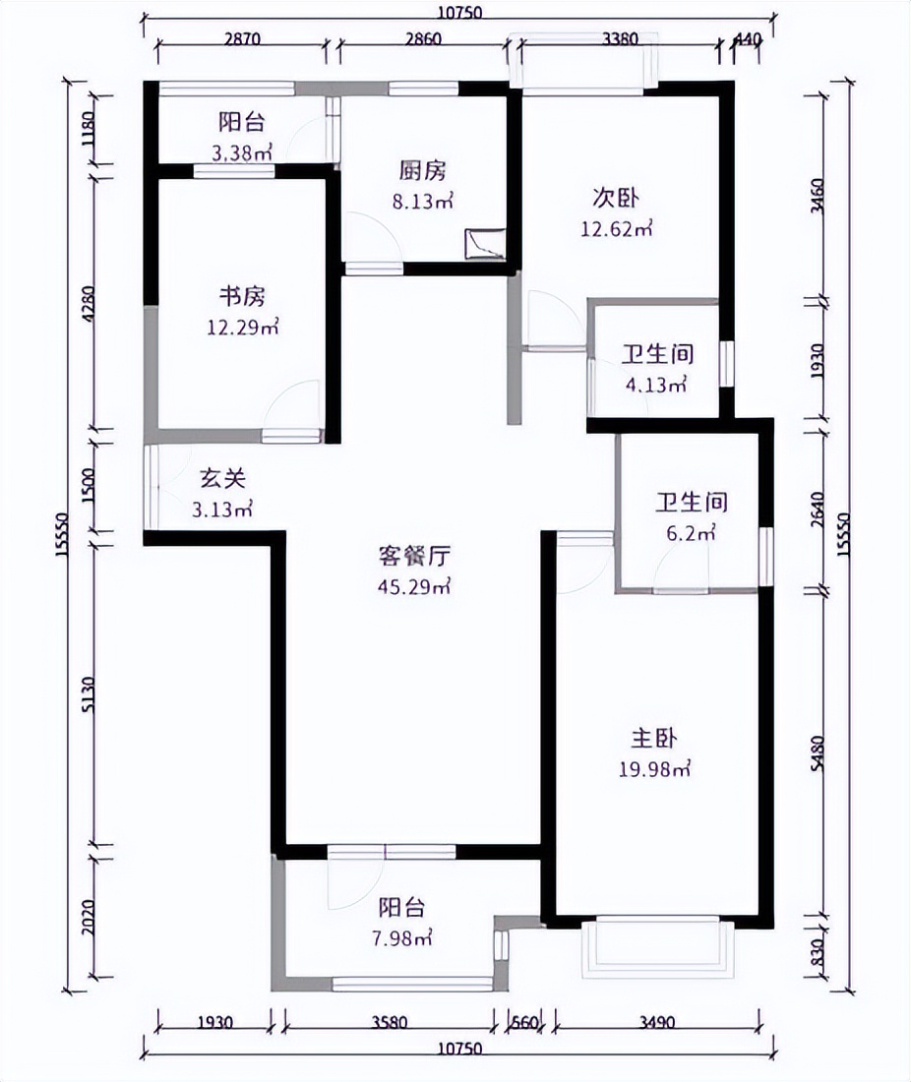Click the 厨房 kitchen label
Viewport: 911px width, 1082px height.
[422, 170]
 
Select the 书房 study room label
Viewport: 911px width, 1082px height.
[241, 297]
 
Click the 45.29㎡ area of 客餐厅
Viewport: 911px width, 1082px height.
[414, 587]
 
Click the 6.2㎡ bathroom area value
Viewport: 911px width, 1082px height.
[693, 534]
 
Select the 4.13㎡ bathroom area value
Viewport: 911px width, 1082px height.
[654, 385]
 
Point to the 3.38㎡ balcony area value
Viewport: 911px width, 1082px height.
[241, 152]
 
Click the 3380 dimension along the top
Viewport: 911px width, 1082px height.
[620, 40]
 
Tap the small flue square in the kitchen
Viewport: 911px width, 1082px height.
[485, 243]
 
